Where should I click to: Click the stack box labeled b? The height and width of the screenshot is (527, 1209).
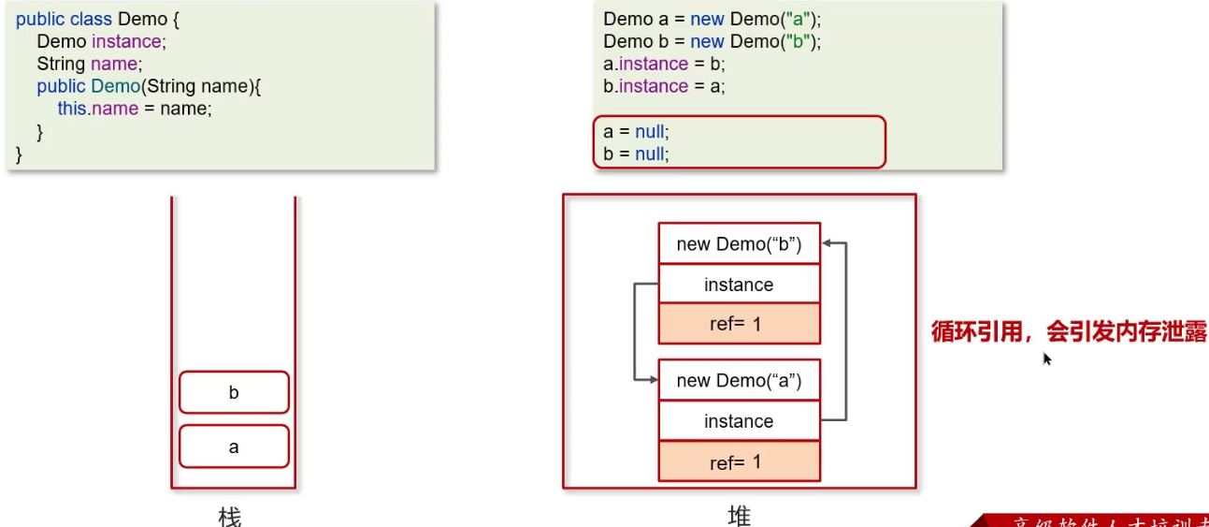click(234, 392)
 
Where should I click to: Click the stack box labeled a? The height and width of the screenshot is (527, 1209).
click(234, 447)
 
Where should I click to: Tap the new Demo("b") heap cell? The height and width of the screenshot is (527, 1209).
click(739, 244)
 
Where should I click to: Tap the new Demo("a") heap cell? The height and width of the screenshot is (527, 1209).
click(739, 380)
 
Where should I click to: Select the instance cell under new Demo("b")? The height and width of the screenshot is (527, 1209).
click(739, 285)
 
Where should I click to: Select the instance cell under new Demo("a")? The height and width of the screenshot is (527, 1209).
click(739, 421)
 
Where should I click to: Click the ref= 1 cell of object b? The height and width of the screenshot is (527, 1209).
click(739, 324)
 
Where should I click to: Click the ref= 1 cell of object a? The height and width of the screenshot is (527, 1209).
click(739, 461)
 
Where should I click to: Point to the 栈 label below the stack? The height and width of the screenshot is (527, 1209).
click(230, 516)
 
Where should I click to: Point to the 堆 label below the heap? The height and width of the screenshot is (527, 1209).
click(739, 516)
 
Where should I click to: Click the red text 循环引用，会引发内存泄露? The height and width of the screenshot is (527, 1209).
click(1069, 332)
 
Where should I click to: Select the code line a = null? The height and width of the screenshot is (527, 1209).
click(637, 132)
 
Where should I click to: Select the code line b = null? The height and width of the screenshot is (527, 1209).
click(637, 154)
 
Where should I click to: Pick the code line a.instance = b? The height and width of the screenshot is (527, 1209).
click(664, 64)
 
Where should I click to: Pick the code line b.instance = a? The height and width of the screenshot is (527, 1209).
click(664, 86)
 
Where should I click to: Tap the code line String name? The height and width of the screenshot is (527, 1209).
click(88, 64)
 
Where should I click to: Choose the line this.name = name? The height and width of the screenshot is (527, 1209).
click(135, 109)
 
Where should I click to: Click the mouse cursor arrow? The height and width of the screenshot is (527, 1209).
click(1046, 358)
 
